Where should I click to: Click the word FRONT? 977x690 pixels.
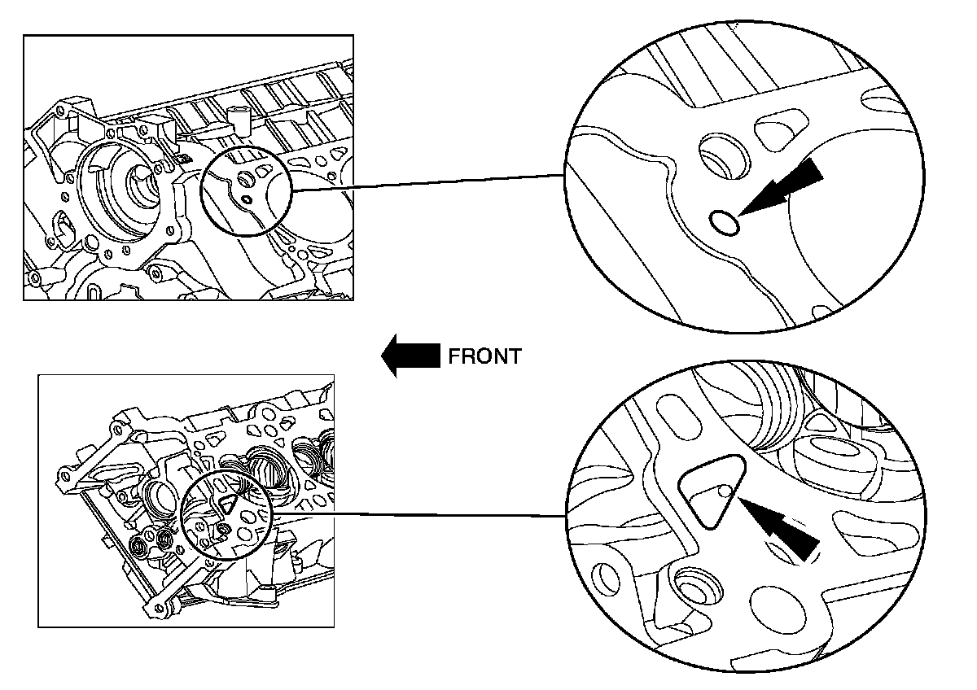pos(484,356)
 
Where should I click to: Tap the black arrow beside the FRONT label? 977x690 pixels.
pos(410,356)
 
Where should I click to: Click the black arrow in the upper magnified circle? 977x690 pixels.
pos(781,186)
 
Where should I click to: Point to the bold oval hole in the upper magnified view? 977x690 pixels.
pos(724,222)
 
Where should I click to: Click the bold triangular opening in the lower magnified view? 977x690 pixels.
pos(710,491)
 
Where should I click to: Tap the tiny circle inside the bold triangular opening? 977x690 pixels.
pos(725,491)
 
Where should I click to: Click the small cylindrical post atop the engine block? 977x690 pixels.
pos(238,118)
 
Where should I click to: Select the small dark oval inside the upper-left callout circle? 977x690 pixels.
pos(247,200)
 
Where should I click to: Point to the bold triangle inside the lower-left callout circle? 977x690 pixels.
pos(227,504)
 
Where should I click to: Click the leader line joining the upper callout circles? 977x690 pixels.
pos(428,183)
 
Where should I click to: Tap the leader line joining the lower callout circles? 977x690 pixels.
pos(418,514)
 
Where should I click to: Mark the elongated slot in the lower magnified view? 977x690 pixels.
pos(677,416)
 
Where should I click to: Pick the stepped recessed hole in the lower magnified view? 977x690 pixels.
pos(698,587)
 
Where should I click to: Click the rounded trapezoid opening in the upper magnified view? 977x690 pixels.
pos(781,129)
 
